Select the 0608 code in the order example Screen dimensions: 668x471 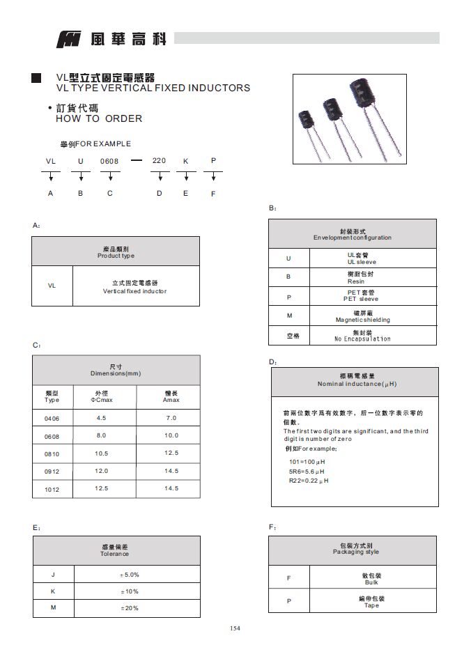click(x=109, y=162)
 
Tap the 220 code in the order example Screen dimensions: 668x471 click(x=159, y=161)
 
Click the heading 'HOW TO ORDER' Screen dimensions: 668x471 click(x=98, y=118)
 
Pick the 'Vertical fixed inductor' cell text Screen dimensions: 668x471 click(x=134, y=291)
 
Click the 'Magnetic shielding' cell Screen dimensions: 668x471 click(x=362, y=320)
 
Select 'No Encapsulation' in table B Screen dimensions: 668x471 click(x=362, y=339)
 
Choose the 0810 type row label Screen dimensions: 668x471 click(x=52, y=454)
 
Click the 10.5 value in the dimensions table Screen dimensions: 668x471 click(x=101, y=453)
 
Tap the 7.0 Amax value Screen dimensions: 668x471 click(x=171, y=418)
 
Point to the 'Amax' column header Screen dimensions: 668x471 click(x=171, y=400)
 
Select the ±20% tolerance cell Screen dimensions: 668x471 click(x=130, y=608)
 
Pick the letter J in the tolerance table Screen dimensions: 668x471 click(x=53, y=575)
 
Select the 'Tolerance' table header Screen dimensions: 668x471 click(x=114, y=554)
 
